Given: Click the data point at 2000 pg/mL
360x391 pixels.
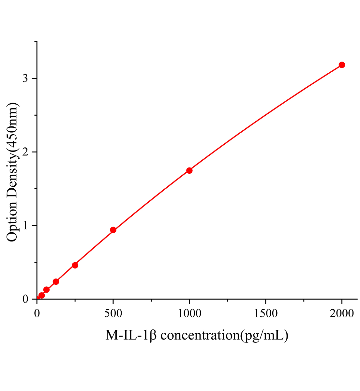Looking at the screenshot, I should pyautogui.click(x=342, y=65).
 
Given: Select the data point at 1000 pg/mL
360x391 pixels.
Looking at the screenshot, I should pyautogui.click(x=189, y=170).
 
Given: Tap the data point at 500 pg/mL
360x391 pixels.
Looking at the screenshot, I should pyautogui.click(x=113, y=230).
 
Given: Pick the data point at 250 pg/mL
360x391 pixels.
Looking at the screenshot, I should pyautogui.click(x=75, y=265).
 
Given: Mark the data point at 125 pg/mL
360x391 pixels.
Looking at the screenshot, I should pyautogui.click(x=56, y=282).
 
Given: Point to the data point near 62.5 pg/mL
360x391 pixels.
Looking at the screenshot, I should pyautogui.click(x=46, y=290).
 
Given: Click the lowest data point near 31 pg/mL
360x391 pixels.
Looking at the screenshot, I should pyautogui.click(x=41, y=296).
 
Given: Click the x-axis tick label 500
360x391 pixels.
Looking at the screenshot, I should pyautogui.click(x=113, y=313).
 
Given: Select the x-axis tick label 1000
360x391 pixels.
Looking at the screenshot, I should pyautogui.click(x=189, y=313).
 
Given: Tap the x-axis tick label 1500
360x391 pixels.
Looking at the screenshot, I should pyautogui.click(x=265, y=313).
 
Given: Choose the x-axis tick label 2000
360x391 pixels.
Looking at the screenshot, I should pyautogui.click(x=342, y=313).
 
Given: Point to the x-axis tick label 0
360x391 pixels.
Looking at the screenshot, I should pyautogui.click(x=37, y=313).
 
